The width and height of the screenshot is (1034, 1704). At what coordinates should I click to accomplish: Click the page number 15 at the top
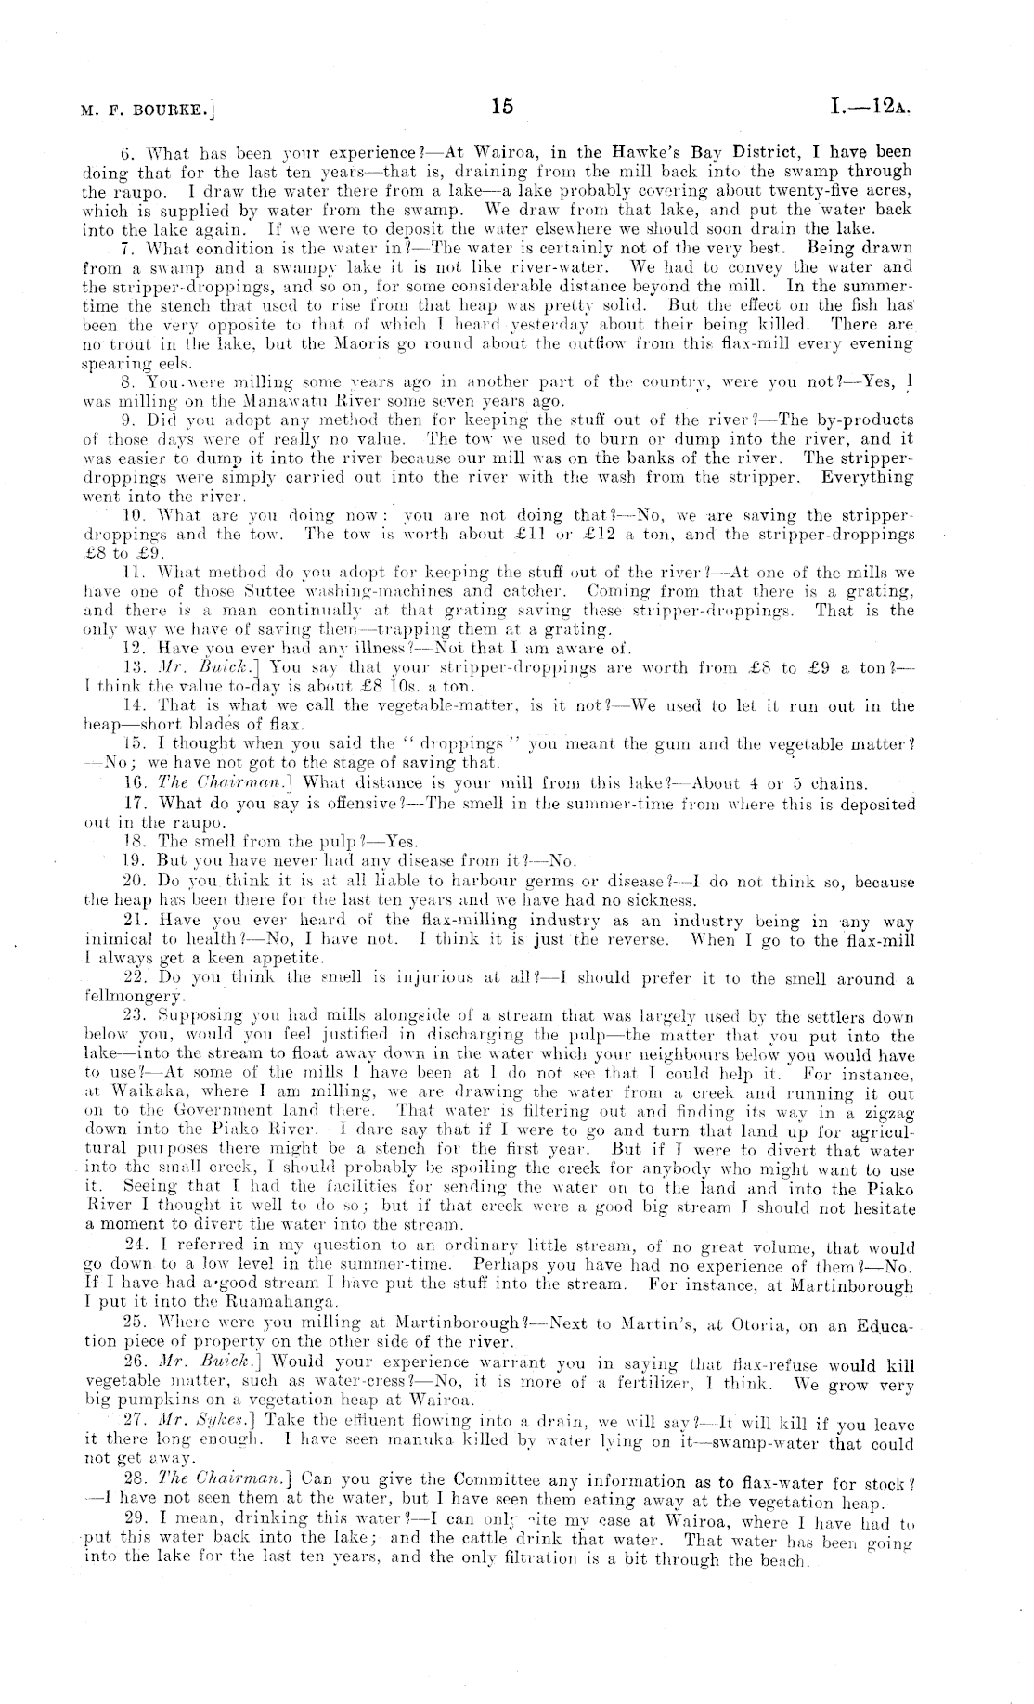(x=502, y=107)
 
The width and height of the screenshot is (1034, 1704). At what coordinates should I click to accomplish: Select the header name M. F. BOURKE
(x=148, y=110)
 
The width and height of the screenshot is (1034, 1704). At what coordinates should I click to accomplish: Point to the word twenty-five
(x=817, y=190)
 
